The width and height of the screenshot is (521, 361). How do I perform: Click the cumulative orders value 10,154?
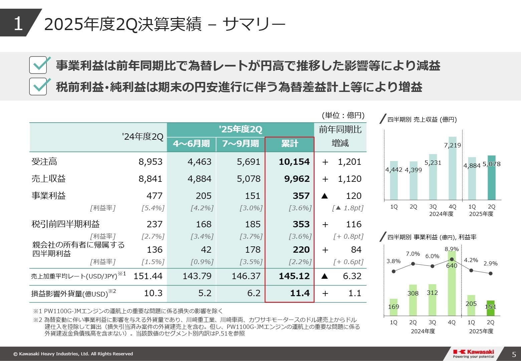coord(294,162)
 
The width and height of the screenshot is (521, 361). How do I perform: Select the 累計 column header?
coord(290,143)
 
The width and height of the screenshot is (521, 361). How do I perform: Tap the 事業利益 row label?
coord(48,196)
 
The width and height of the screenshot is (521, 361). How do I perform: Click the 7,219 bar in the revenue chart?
coord(452,169)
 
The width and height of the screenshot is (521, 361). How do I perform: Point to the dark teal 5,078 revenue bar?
coord(491,178)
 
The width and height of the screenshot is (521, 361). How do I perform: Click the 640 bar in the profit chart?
coord(452,284)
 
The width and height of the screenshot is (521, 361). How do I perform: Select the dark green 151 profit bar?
coord(490,309)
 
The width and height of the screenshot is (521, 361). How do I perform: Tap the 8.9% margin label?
coord(452,249)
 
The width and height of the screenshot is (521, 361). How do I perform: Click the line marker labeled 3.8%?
coord(394,271)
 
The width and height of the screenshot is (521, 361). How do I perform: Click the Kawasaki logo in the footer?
coord(473,354)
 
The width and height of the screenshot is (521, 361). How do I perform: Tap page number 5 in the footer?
coord(514,354)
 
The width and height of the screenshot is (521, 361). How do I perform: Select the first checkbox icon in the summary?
coord(38,65)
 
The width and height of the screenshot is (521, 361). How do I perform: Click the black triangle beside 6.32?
coord(324,276)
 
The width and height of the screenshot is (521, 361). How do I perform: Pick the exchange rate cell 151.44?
coord(148,276)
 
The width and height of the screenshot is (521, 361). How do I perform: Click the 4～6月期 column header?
coord(191,143)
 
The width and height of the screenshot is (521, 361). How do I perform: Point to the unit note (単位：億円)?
coord(343,115)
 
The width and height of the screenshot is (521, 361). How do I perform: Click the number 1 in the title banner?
coord(18,23)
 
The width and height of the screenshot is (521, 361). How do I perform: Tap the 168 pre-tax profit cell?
coord(204,224)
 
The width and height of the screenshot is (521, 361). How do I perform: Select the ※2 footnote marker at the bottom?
coord(38,320)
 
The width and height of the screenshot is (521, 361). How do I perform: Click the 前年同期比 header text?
coord(340,129)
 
